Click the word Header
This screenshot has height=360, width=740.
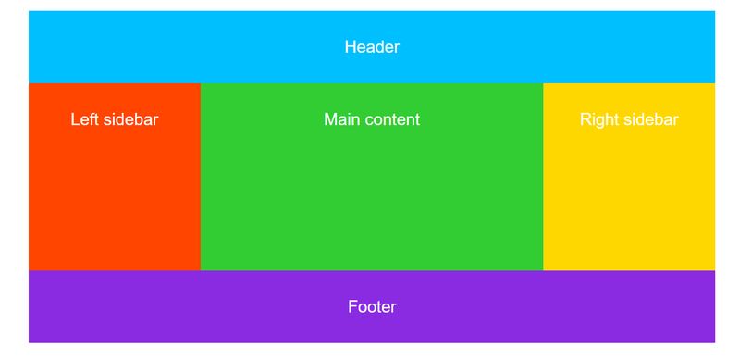[x=372, y=47]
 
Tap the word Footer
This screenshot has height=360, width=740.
[x=372, y=307]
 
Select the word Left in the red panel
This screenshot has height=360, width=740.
[x=84, y=119]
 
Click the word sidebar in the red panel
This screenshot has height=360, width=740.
[x=129, y=119]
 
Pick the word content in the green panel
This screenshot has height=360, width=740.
[x=392, y=119]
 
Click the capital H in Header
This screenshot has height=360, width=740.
[x=351, y=47]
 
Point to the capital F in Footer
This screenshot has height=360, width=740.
[x=352, y=307]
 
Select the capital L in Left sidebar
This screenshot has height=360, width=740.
[x=75, y=119]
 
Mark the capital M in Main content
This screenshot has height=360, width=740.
[x=330, y=119]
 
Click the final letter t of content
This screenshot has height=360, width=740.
[x=417, y=119]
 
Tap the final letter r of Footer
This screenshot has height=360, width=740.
[x=393, y=307]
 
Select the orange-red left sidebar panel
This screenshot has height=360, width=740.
[x=114, y=204]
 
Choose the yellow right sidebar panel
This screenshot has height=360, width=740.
[x=629, y=204]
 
